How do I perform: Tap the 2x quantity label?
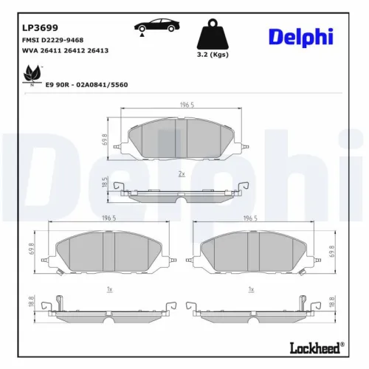182,173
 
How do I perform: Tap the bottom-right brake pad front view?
255,249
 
